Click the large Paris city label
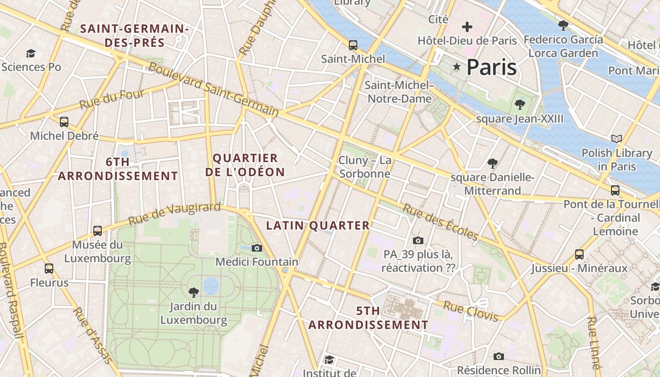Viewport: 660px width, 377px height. point(491,67)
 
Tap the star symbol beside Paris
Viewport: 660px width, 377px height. point(456,67)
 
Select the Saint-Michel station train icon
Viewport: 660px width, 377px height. point(353,45)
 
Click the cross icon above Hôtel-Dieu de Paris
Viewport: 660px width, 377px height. point(467,27)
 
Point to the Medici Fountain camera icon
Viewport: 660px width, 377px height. point(257,248)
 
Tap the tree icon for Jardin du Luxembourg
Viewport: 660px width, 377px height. point(193,292)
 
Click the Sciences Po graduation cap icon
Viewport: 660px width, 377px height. point(31,53)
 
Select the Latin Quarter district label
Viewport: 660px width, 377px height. point(318,226)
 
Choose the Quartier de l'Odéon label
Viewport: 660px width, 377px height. point(245,165)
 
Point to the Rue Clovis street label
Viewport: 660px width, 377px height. point(470,312)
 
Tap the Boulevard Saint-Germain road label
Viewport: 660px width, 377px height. point(214,89)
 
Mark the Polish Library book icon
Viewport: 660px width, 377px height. point(616,139)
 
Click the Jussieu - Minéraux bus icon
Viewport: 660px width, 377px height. point(579,254)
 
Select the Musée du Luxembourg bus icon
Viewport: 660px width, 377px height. point(98,231)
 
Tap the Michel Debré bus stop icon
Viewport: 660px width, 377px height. point(64,122)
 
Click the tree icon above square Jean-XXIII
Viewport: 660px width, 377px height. point(520,104)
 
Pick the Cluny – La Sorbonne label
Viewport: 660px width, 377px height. point(365,167)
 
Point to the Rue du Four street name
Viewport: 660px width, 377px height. point(112,99)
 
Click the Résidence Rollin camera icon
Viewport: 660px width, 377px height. point(499,356)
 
